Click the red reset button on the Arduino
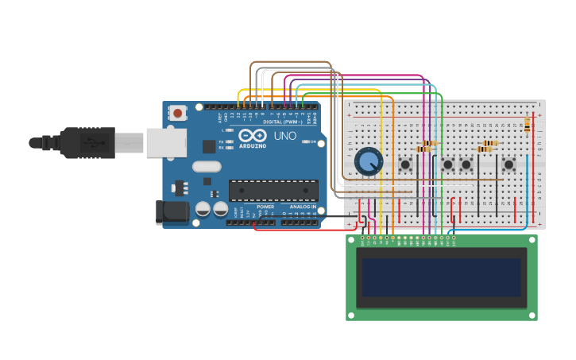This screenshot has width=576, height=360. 177,114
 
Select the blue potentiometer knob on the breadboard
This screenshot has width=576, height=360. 368,162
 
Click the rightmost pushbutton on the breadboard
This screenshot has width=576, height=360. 508,165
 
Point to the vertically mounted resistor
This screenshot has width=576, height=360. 527,123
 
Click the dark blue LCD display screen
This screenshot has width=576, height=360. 441,277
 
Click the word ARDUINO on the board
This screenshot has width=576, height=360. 253,146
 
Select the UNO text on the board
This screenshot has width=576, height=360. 285,136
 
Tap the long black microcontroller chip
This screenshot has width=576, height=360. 273,190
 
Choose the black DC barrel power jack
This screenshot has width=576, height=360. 172,211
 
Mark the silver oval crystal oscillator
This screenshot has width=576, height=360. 206,167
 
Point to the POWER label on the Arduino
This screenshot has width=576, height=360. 265,207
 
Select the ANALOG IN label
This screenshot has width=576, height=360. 303,207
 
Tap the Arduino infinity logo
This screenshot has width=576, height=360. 252,135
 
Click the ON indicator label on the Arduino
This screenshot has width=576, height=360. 313,141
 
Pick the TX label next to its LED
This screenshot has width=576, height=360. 222,141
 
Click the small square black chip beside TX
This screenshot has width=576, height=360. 209,146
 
